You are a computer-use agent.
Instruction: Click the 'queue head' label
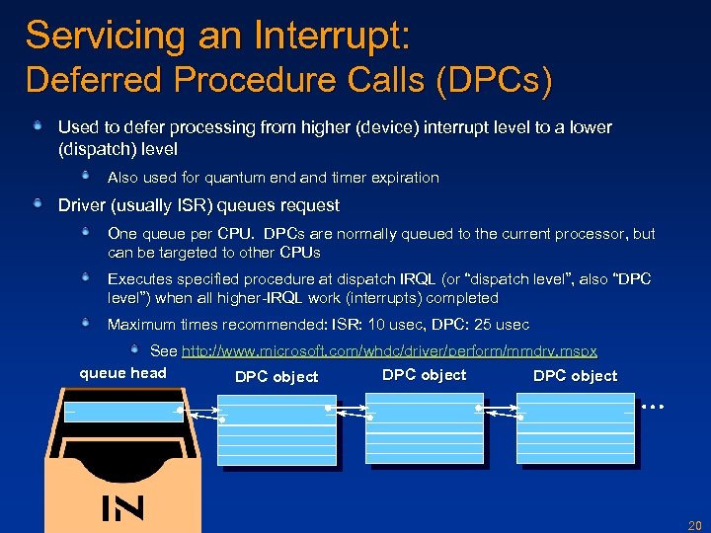pyautogui.click(x=122, y=373)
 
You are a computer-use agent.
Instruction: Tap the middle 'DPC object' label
pyautogui.click(x=424, y=375)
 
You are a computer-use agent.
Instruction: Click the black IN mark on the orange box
pyautogui.click(x=122, y=507)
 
